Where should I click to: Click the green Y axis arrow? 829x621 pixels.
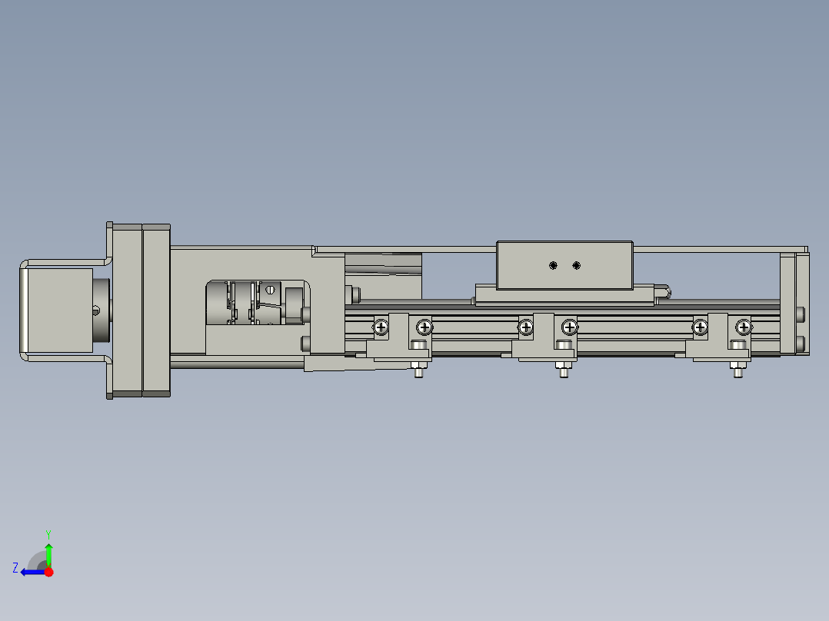[x=48, y=553]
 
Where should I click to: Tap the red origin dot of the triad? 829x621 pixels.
[x=48, y=572]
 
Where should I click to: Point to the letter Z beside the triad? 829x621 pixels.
[x=15, y=568]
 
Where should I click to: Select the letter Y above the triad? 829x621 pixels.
[x=48, y=533]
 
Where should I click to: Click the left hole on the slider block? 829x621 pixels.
[x=553, y=265]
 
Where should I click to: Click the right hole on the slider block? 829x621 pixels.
[x=577, y=265]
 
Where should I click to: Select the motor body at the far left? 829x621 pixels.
[x=58, y=310]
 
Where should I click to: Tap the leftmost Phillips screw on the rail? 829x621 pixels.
[x=381, y=327]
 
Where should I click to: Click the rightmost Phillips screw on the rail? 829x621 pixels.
[x=743, y=327]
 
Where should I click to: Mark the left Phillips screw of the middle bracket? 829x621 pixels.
[x=526, y=327]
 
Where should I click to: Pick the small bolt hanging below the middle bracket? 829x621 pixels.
[x=563, y=372]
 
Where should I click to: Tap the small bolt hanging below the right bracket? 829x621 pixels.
[x=737, y=372]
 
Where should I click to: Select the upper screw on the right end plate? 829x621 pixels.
[x=801, y=314]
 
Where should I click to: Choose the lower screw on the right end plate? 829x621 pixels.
[x=801, y=342]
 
